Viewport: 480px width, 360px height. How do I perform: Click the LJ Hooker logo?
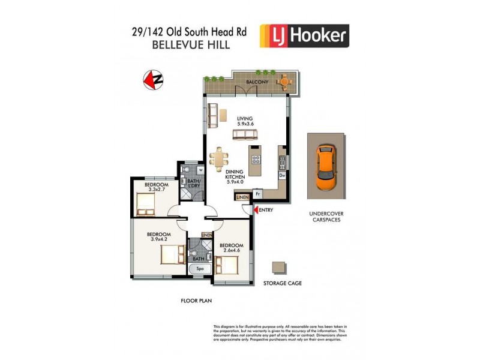click(x=304, y=36)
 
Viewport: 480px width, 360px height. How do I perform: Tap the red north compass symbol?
click(x=154, y=79)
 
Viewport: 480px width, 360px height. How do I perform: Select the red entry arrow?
click(x=255, y=210)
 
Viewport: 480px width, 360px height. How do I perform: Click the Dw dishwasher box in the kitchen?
click(x=282, y=176)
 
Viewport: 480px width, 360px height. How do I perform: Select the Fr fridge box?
click(x=257, y=194)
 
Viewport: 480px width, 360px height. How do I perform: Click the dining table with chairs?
click(x=220, y=159)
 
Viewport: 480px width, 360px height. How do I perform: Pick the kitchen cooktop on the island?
click(x=256, y=160)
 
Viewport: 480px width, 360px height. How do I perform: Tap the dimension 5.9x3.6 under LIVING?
click(x=245, y=124)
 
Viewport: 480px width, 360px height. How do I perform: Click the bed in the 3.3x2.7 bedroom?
click(x=146, y=206)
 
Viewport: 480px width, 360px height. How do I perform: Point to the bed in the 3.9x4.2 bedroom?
click(x=172, y=256)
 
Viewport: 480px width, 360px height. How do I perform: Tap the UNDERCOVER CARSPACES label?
click(x=326, y=217)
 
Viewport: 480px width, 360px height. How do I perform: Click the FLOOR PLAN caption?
click(x=197, y=301)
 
